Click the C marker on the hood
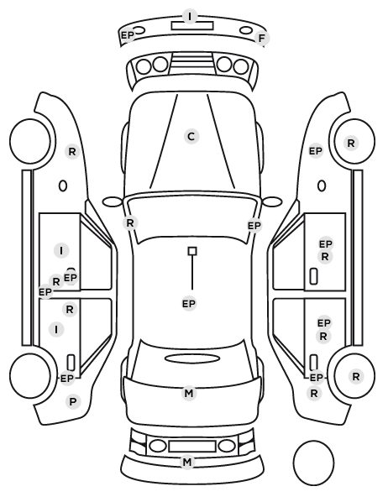191,136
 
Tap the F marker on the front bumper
262,39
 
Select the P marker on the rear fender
73,401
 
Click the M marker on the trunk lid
189,393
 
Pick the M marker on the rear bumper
187,462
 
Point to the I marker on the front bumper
190,16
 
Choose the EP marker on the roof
189,304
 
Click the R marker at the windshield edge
130,222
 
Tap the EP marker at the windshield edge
254,226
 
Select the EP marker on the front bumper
127,35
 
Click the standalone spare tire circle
313,463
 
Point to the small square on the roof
192,251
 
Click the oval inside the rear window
192,358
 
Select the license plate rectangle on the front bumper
192,26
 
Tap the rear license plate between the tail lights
192,446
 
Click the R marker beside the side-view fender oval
72,151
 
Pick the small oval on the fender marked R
63,186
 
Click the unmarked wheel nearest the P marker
30,375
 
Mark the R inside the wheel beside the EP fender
351,143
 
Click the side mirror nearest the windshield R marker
113,202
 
